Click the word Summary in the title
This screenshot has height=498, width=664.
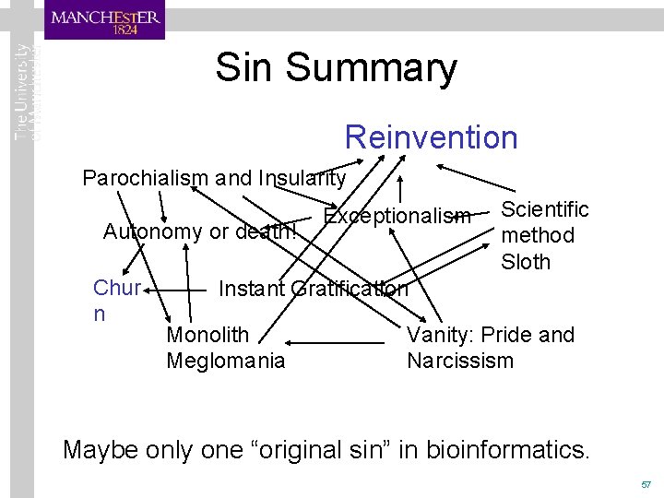371,67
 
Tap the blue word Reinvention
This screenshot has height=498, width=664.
431,137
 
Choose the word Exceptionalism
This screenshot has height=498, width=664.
397,217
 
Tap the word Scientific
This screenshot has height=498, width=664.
544,209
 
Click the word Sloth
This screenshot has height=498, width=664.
525,262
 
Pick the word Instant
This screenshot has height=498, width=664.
251,289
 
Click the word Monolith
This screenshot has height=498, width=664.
207,335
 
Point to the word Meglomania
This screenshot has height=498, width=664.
226,361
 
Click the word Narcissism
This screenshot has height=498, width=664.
459,361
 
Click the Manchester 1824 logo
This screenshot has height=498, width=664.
105,20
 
